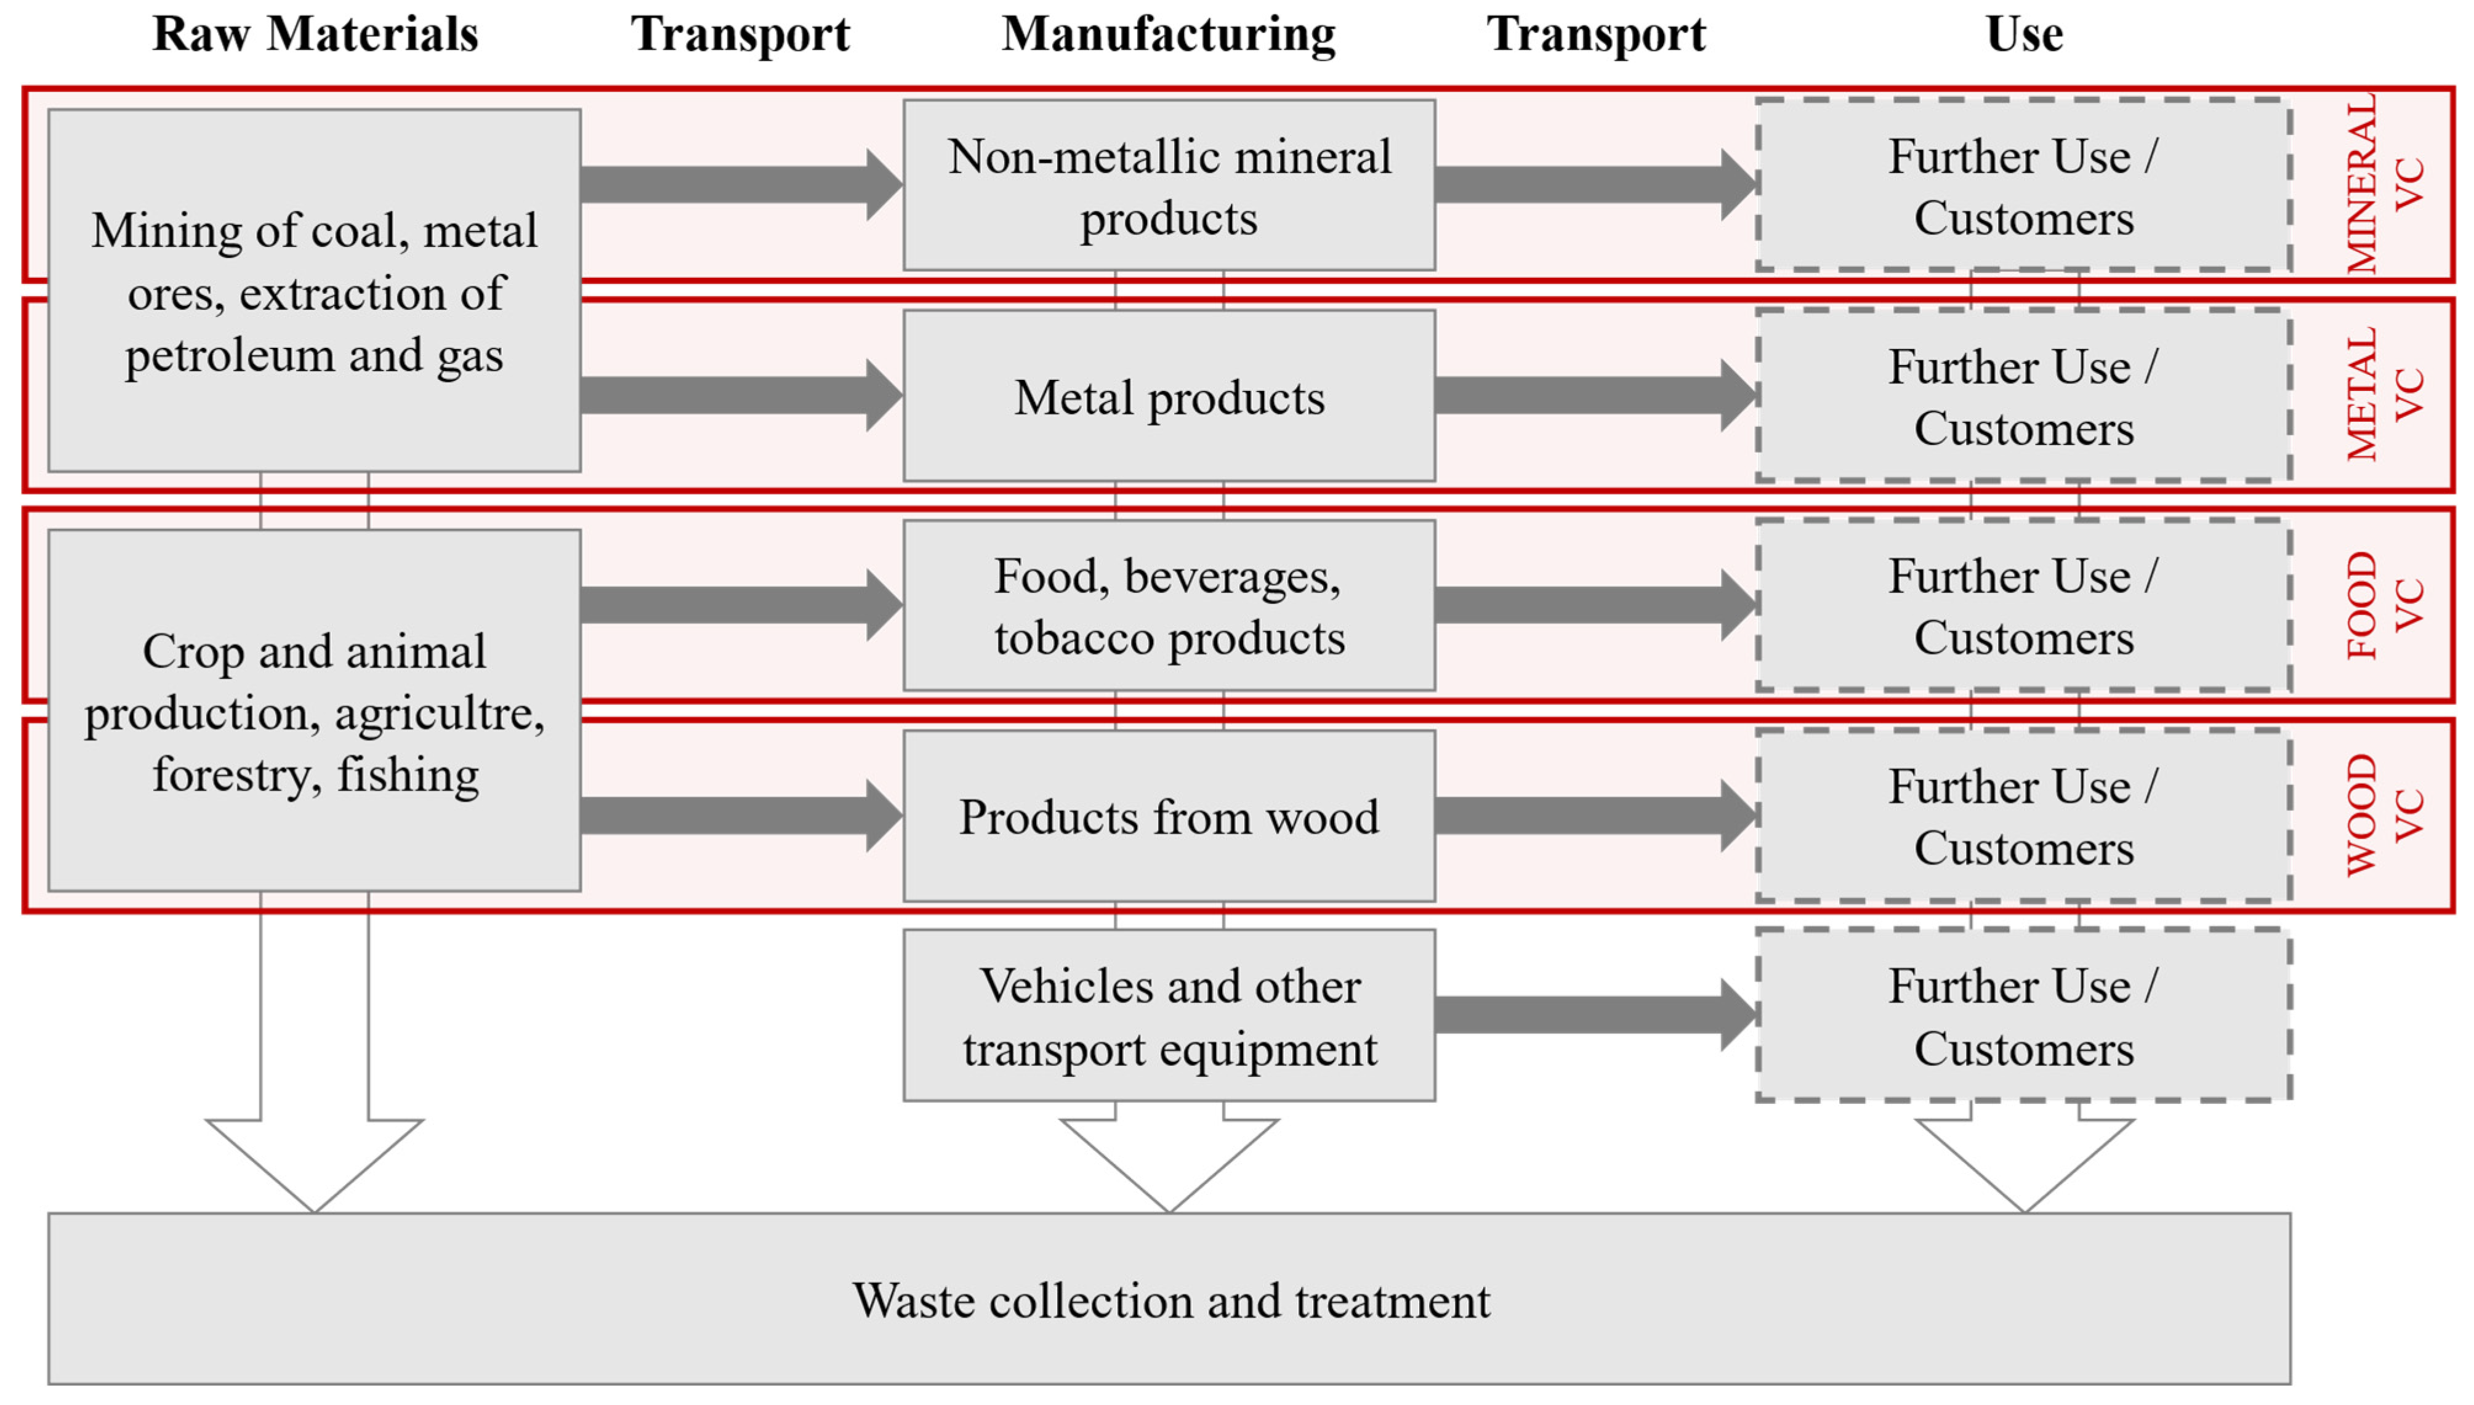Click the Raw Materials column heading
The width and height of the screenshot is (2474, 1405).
[x=315, y=34]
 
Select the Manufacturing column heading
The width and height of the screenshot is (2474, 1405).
[x=1169, y=34]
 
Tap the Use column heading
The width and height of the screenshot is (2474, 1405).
[x=2023, y=34]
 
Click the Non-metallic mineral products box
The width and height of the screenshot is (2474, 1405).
[x=1169, y=185]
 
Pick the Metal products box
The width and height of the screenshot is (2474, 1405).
[x=1169, y=397]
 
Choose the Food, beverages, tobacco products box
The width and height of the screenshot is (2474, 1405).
[x=1169, y=606]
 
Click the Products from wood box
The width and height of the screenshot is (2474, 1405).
[x=1169, y=816]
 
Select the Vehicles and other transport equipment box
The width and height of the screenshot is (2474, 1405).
[x=1169, y=1016]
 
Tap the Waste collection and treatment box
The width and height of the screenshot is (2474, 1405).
[x=1169, y=1300]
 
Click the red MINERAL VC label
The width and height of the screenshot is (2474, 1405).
[x=2383, y=183]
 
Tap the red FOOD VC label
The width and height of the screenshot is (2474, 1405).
[x=2383, y=605]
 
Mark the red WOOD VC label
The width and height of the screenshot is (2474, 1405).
[x=2383, y=815]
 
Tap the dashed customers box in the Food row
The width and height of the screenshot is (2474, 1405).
[x=2023, y=606]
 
